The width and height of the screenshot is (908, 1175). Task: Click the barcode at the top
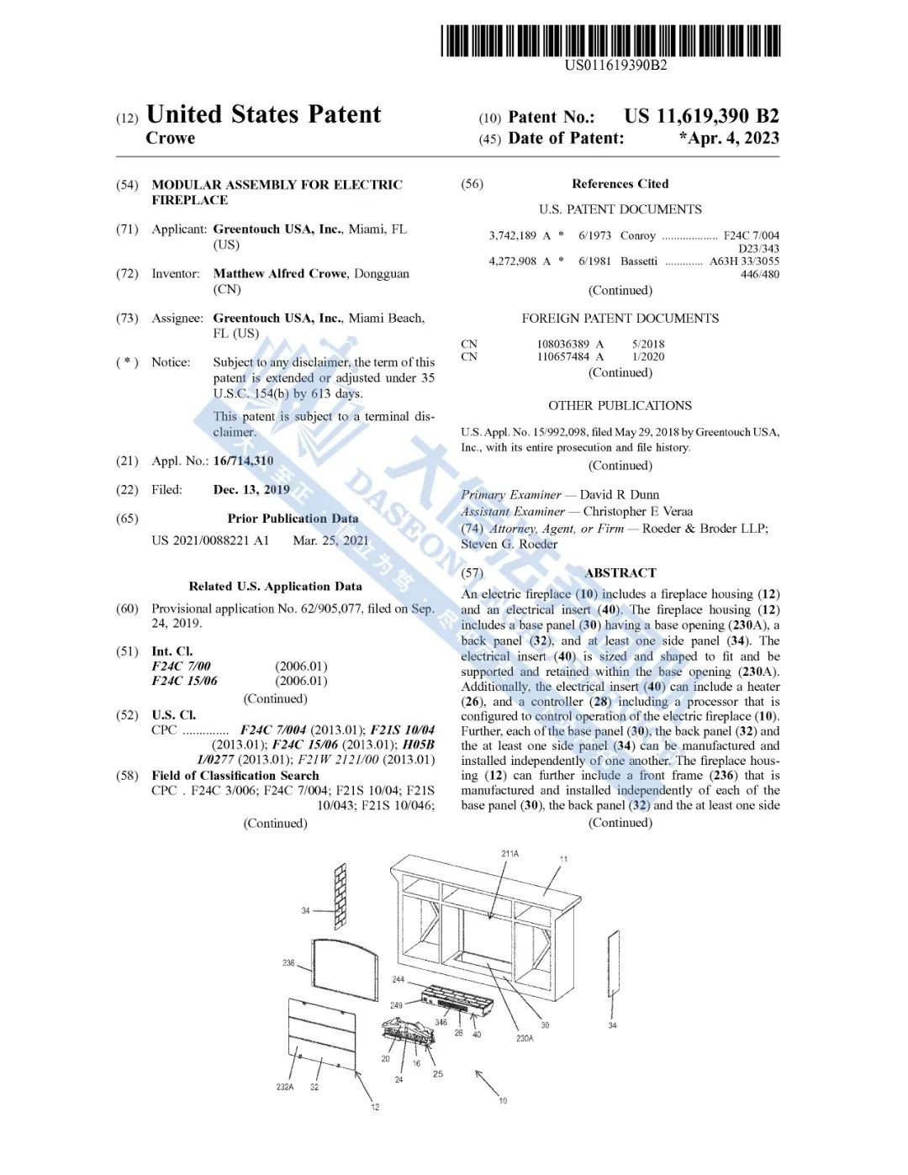pyautogui.click(x=611, y=40)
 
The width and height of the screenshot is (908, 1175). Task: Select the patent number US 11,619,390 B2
pyautogui.click(x=701, y=117)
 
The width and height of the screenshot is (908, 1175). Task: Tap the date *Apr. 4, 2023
pyautogui.click(x=729, y=139)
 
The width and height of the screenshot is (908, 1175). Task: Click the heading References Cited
pyautogui.click(x=620, y=184)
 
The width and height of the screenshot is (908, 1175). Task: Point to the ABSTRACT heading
pyautogui.click(x=620, y=573)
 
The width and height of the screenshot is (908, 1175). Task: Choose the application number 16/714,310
pyautogui.click(x=243, y=461)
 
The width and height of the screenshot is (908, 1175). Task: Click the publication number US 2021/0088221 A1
pyautogui.click(x=210, y=540)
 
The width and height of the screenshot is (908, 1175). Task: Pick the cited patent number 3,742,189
pyautogui.click(x=512, y=236)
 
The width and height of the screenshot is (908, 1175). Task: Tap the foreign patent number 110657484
pyautogui.click(x=563, y=357)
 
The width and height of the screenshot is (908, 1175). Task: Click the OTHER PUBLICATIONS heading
pyautogui.click(x=620, y=405)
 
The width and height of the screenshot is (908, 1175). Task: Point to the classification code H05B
pyautogui.click(x=419, y=745)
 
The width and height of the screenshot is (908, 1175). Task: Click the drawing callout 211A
pyautogui.click(x=509, y=854)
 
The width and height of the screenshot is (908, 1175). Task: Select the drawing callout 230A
pyautogui.click(x=525, y=1038)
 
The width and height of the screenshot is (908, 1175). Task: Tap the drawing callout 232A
pyautogui.click(x=285, y=1087)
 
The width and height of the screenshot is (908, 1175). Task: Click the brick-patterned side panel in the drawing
pyautogui.click(x=340, y=895)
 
